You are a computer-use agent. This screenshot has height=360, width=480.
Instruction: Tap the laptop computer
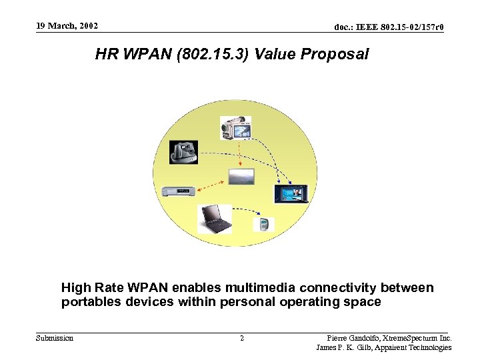[215, 219]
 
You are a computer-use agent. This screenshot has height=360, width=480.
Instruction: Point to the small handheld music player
[264, 223]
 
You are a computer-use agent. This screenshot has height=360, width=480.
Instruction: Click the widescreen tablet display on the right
[292, 193]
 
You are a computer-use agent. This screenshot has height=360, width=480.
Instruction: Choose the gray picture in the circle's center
[241, 177]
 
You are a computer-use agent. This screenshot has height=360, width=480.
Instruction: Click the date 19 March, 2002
[67, 26]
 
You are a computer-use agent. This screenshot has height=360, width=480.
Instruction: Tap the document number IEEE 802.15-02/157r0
[389, 27]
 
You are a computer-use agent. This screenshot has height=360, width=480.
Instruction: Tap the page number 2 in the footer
[241, 339]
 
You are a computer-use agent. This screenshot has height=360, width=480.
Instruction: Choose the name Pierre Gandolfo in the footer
[354, 338]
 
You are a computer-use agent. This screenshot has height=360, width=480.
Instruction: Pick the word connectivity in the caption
[338, 288]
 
